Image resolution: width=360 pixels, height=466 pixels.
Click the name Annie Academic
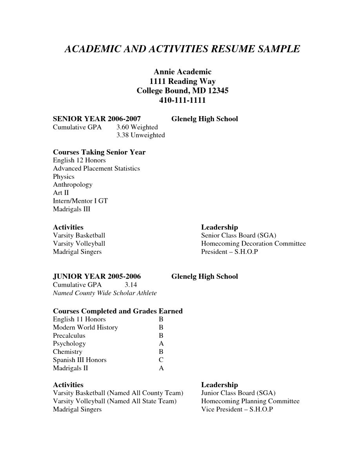pyautogui.click(x=182, y=72)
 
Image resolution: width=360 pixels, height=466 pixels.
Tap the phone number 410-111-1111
pyautogui.click(x=182, y=100)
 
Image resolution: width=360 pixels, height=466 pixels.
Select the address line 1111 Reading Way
pyautogui.click(x=182, y=81)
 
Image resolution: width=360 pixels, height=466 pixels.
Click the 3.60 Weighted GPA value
pyautogui.click(x=137, y=127)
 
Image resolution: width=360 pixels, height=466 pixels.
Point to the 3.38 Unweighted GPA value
pyautogui.click(x=140, y=135)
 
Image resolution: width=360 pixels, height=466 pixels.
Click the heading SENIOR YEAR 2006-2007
pyautogui.click(x=97, y=119)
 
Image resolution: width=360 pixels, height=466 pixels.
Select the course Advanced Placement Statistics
pyautogui.click(x=96, y=169)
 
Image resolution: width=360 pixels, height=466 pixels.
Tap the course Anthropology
pyautogui.click(x=73, y=185)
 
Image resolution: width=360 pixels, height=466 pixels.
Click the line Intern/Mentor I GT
pyautogui.click(x=80, y=201)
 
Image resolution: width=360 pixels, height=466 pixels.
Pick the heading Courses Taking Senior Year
pyautogui.click(x=99, y=152)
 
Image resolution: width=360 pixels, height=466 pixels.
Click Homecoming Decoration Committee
pyautogui.click(x=253, y=244)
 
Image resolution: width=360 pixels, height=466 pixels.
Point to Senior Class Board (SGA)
pyautogui.click(x=238, y=235)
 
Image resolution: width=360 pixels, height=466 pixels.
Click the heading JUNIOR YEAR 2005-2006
pyautogui.click(x=97, y=277)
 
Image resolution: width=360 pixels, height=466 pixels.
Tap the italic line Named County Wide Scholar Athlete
pyautogui.click(x=105, y=293)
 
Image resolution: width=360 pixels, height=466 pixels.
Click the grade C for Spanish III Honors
pyautogui.click(x=161, y=360)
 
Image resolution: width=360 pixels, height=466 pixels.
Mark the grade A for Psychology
pyautogui.click(x=161, y=344)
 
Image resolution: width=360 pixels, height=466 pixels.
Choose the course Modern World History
pyautogui.click(x=85, y=328)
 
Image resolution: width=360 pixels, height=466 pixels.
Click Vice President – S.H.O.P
pyautogui.click(x=237, y=410)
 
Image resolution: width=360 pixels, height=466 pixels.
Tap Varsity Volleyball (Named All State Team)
pyautogui.click(x=115, y=401)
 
